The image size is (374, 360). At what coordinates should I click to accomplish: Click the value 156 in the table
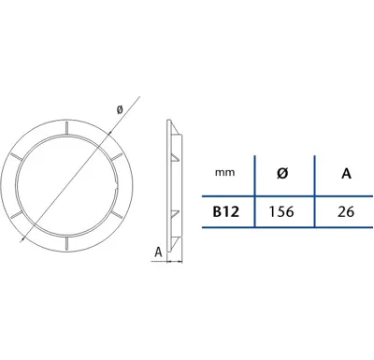281,212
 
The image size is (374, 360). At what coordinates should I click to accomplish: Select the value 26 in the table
346,212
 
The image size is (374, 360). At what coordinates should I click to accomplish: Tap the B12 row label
226,212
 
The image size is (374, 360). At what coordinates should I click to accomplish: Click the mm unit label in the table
224,172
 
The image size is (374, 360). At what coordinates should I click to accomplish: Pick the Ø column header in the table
282,173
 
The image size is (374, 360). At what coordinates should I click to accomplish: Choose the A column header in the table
346,173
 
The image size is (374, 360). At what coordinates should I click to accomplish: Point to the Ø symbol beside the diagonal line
120,109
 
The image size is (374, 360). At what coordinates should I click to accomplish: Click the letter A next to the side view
159,252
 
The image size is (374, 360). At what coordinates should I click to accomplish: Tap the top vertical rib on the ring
66,128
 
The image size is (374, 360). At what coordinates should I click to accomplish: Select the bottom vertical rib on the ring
66,243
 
